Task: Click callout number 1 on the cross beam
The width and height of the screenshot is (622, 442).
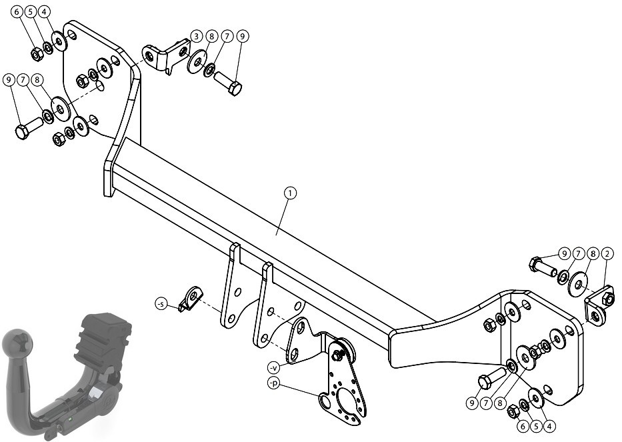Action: point(290,193)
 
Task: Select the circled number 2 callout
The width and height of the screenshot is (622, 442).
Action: point(607,253)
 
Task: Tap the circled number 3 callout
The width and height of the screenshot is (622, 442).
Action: point(197,36)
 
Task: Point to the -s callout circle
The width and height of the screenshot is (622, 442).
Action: point(161,304)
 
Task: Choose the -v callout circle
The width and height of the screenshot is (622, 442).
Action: point(273,368)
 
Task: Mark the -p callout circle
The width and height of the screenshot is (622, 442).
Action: point(273,383)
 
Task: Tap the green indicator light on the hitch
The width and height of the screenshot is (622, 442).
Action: point(70,419)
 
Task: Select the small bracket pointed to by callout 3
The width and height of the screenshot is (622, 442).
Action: point(165,55)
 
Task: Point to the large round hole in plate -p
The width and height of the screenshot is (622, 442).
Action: point(325,401)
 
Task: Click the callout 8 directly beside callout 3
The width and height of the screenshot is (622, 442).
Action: point(211,36)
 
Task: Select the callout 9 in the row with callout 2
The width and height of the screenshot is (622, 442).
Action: point(564,253)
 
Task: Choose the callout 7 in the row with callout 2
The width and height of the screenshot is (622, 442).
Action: point(578,253)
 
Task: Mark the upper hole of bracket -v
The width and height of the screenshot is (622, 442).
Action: point(301,327)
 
